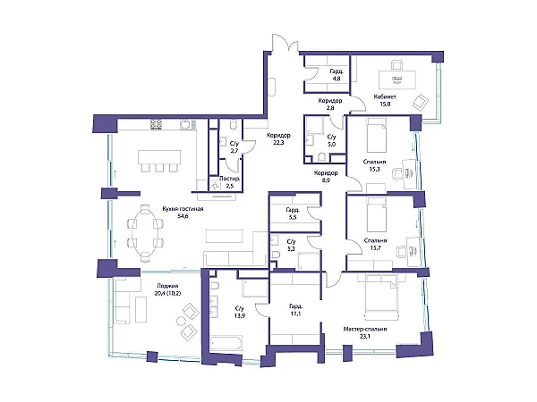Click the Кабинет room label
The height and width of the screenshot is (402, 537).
pos(385,96)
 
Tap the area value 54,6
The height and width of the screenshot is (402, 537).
pos(183,216)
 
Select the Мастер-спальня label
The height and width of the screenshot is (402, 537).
pos(365,329)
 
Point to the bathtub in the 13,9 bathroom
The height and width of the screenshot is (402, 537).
pos(226,344)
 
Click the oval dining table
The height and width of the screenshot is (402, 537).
pos(145,233)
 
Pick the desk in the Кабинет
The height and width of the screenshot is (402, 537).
pos(397,80)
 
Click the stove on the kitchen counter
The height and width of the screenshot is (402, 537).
pos(156,124)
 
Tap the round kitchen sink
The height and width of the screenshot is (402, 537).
pos(185,124)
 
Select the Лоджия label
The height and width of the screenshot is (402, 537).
pos(168,286)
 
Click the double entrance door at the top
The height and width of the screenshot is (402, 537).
pos(286,44)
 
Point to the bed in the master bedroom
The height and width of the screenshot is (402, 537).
pos(381,297)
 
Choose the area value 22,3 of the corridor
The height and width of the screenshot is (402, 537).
pos(278,143)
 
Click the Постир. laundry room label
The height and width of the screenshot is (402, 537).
pos(229,179)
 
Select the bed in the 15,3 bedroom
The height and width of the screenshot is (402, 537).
pos(377,136)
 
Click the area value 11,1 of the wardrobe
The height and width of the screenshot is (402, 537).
pos(294,314)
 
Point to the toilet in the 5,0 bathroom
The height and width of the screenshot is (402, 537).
pos(321,157)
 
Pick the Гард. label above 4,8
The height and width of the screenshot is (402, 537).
pos(337,71)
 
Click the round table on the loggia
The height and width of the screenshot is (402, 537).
pos(181,322)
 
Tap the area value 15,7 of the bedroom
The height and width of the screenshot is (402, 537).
pos(376,248)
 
